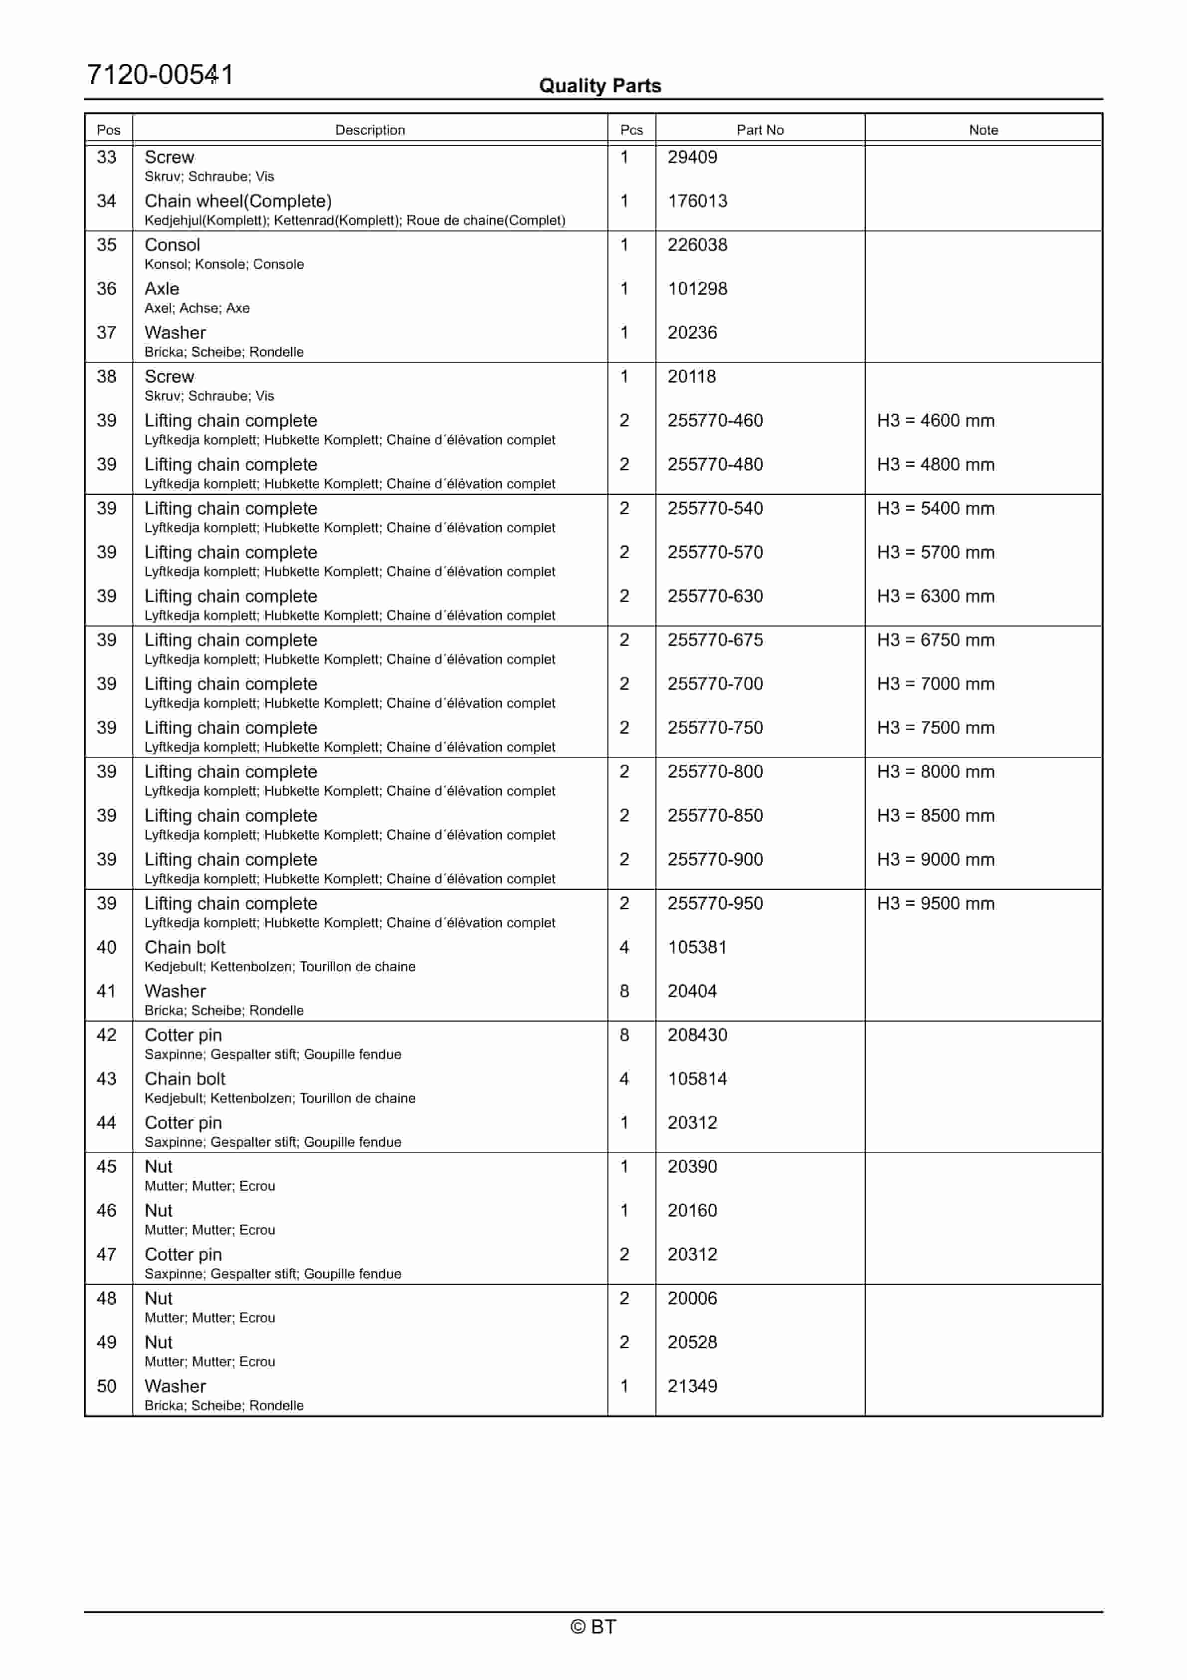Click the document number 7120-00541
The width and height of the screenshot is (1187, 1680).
pyautogui.click(x=160, y=75)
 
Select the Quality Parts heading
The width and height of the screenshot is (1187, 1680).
pyautogui.click(x=599, y=86)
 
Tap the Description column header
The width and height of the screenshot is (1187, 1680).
pyautogui.click(x=370, y=130)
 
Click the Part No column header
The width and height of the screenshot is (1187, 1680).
pyautogui.click(x=760, y=130)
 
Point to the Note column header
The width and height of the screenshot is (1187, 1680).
pyautogui.click(x=983, y=130)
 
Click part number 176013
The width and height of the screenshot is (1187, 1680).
pyautogui.click(x=697, y=201)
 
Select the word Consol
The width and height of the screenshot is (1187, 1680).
pyautogui.click(x=172, y=244)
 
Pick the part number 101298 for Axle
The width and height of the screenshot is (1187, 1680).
pyautogui.click(x=697, y=288)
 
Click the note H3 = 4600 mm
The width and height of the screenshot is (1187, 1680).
pyautogui.click(x=935, y=420)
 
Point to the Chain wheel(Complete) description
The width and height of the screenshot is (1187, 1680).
pyautogui.click(x=238, y=201)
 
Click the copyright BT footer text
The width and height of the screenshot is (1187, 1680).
pyautogui.click(x=593, y=1627)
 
